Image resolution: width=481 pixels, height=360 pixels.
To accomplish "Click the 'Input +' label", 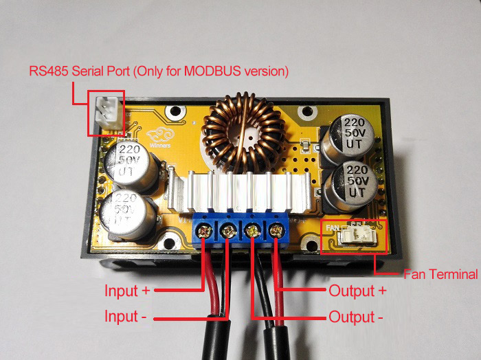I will (x=127, y=291).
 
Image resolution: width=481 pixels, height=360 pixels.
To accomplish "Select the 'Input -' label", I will (x=125, y=317).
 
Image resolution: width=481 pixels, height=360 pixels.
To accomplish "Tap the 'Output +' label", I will (x=358, y=291).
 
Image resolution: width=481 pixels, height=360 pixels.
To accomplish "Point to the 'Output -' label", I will (x=356, y=317).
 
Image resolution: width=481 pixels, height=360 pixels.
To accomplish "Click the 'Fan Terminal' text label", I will (x=440, y=274).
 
